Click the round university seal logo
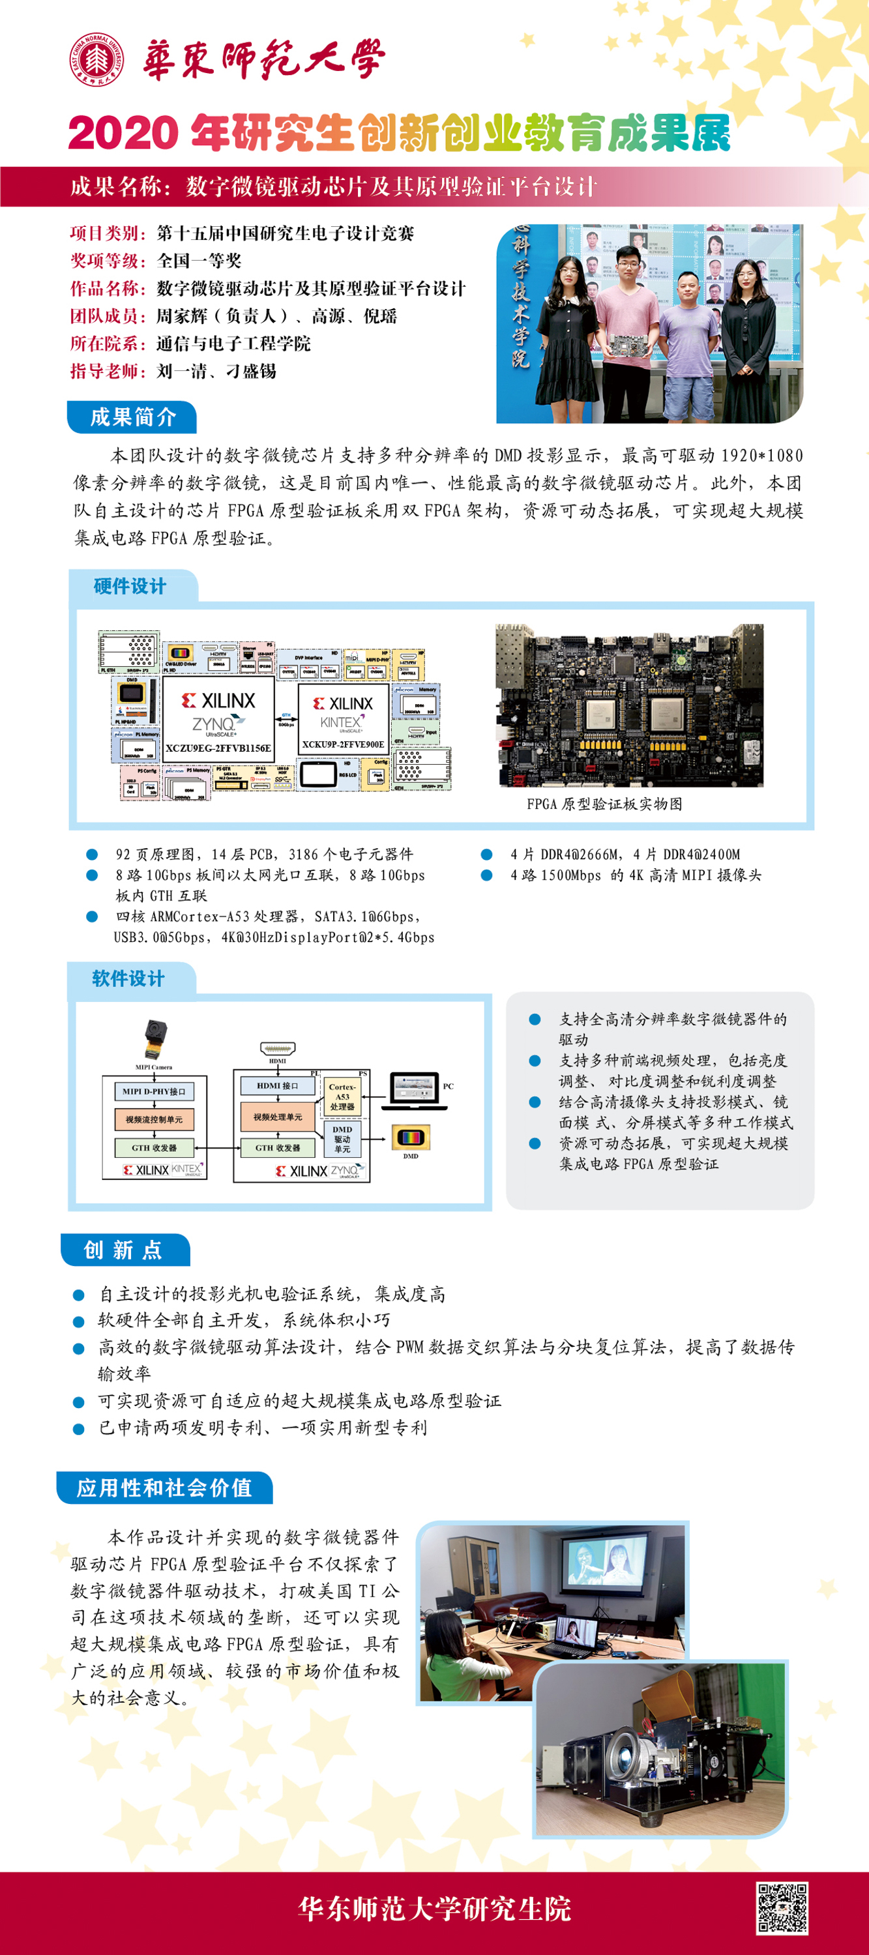point(97,59)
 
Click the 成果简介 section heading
point(132,417)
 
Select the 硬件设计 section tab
point(130,586)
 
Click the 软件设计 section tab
point(128,978)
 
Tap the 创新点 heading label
point(124,1250)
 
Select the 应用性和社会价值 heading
point(164,1488)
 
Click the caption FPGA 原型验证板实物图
point(604,804)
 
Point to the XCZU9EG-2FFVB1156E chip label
point(218,748)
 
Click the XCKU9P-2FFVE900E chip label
point(343,744)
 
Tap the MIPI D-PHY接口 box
point(154,1091)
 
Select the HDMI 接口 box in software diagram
point(278,1085)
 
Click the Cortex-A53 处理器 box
point(342,1096)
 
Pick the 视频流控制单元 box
point(154,1119)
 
